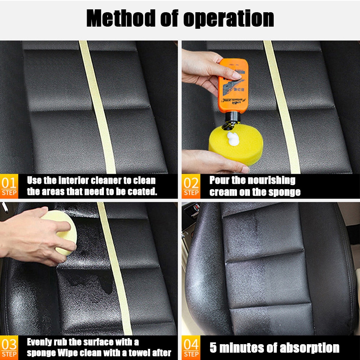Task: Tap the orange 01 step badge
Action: (x=9, y=186)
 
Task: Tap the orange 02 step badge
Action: (x=191, y=186)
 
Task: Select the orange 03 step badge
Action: (x=9, y=348)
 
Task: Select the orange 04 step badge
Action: (x=191, y=348)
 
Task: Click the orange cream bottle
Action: (x=233, y=86)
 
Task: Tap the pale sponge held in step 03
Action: (x=59, y=230)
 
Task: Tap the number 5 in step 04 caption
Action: (x=214, y=348)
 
